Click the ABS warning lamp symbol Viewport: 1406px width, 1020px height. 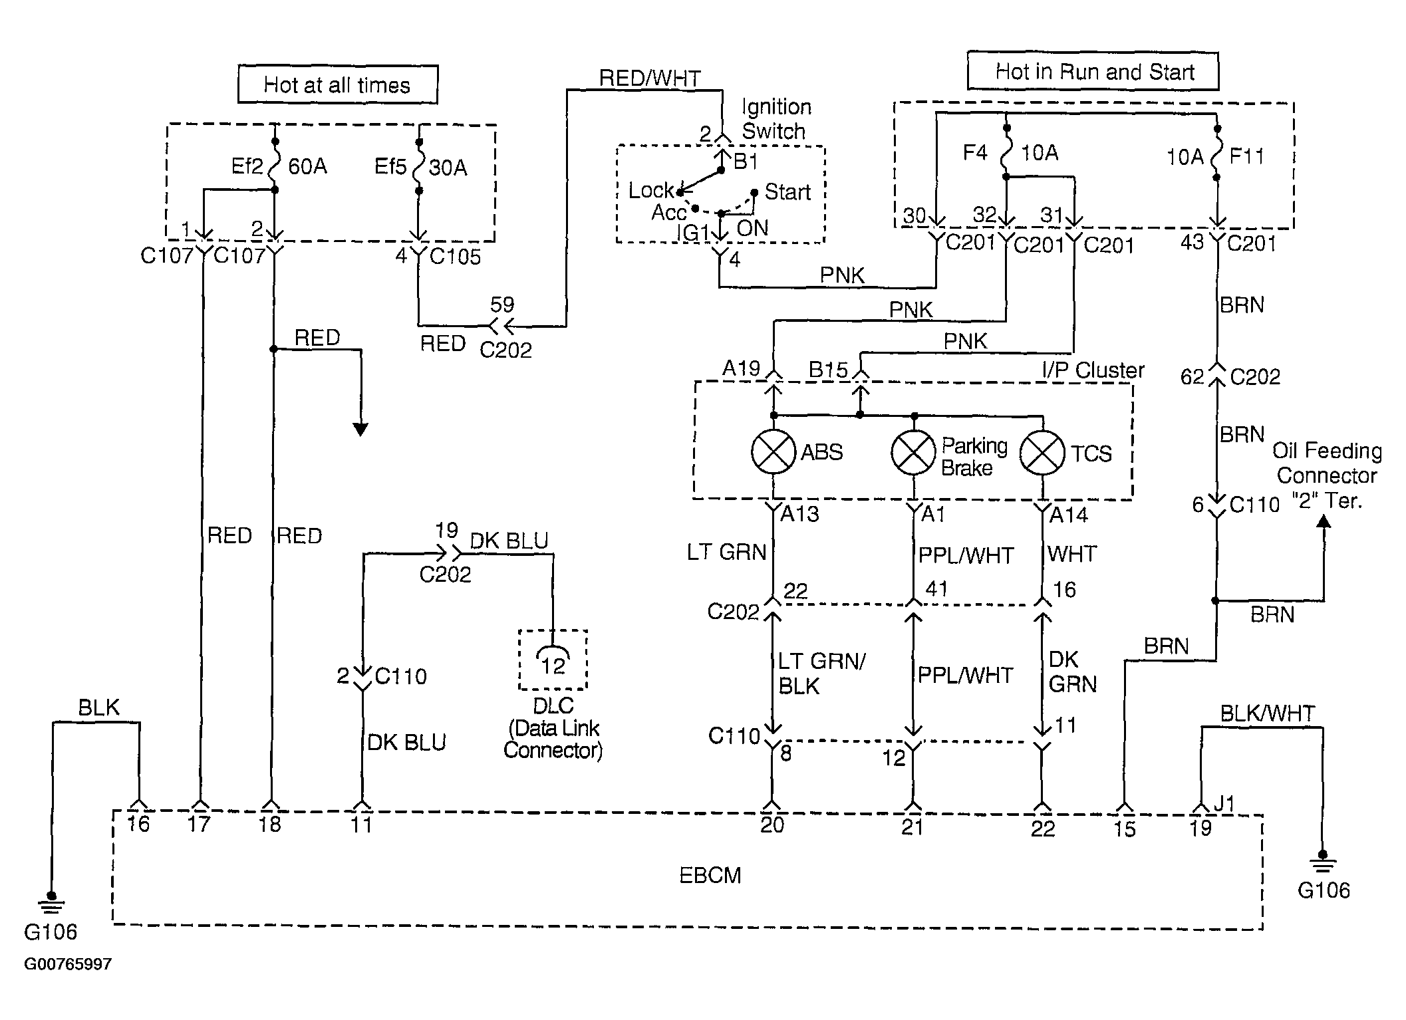coord(773,451)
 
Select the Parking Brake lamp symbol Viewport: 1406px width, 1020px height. coord(914,451)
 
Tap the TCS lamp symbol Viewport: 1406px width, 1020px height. coord(1042,453)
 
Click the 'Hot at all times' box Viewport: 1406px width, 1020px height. coord(338,84)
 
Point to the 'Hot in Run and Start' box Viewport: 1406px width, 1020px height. coord(1093,70)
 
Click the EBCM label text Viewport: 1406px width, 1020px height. coord(710,875)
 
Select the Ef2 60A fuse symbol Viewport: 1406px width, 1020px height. coord(274,166)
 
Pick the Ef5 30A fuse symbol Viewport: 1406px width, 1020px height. coord(419,166)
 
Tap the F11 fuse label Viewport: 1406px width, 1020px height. coord(1246,156)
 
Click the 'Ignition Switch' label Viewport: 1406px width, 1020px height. coord(775,118)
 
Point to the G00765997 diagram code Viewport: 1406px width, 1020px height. coord(68,964)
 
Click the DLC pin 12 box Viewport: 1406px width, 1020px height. coord(553,660)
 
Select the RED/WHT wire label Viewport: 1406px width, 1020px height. coord(650,78)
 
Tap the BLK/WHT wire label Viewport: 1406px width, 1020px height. coord(1267,713)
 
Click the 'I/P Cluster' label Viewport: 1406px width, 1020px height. coord(1093,370)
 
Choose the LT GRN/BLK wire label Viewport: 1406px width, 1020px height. coord(822,674)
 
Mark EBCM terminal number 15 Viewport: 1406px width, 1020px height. coord(1124,829)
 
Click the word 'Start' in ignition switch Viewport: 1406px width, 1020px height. coord(787,191)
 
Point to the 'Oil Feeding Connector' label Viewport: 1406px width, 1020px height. coord(1327,463)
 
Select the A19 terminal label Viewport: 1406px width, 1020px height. coord(741,368)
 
